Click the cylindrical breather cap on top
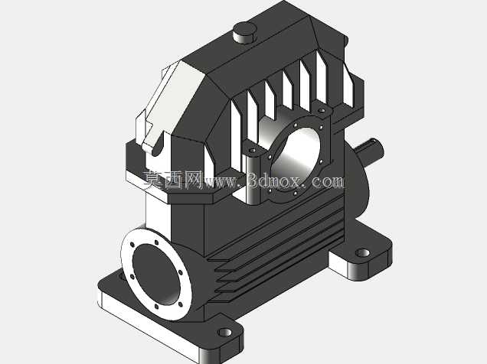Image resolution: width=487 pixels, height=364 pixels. click(x=244, y=33)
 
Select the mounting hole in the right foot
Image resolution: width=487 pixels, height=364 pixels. click(x=362, y=253)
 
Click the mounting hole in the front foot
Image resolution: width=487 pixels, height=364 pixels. click(x=225, y=333)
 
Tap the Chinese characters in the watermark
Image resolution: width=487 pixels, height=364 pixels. click(x=173, y=180)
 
